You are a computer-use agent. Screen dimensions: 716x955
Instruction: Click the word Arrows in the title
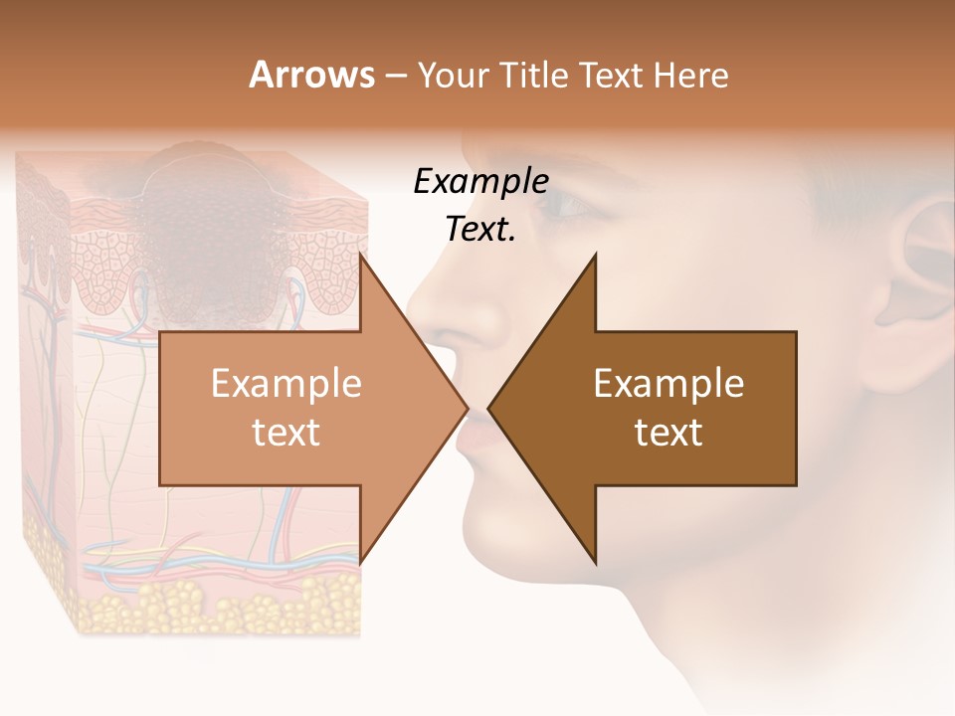[x=311, y=75]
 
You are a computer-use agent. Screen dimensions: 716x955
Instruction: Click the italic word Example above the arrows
[x=480, y=182]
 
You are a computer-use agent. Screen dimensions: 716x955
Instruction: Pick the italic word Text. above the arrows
[x=480, y=229]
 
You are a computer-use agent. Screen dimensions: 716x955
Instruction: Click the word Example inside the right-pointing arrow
[x=286, y=384]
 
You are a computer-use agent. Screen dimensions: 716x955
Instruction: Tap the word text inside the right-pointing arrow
[x=286, y=432]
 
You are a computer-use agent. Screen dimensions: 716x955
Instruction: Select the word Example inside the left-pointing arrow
[x=668, y=384]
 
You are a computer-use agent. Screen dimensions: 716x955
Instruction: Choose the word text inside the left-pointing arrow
[x=668, y=432]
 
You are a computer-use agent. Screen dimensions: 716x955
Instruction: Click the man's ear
[x=920, y=268]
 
